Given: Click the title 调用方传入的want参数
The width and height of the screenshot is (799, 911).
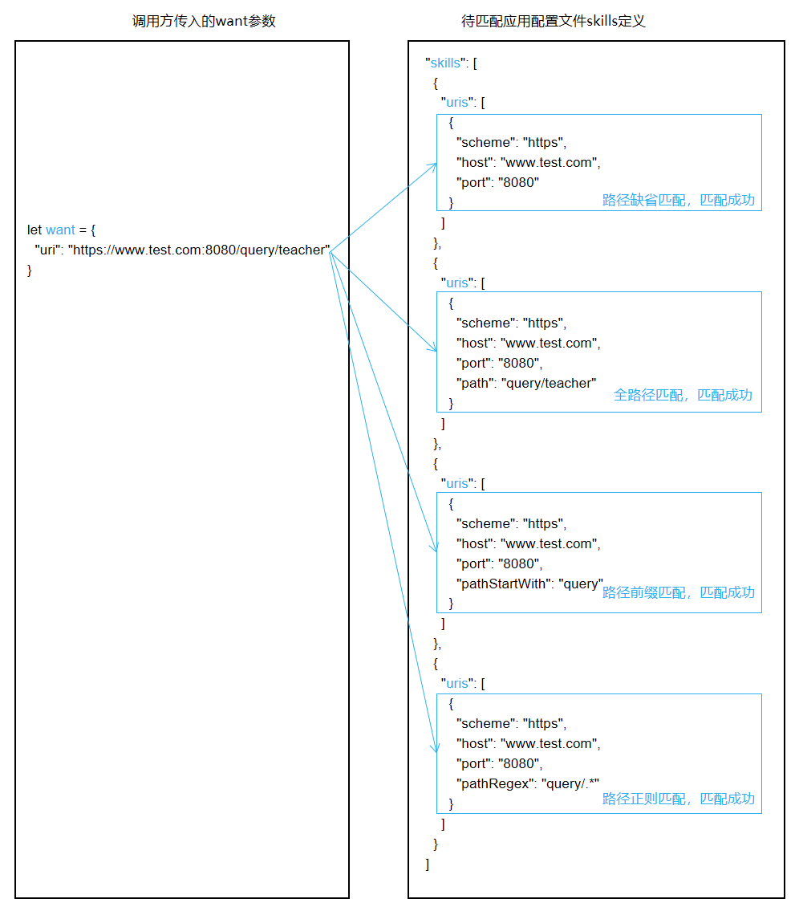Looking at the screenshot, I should point(204,22).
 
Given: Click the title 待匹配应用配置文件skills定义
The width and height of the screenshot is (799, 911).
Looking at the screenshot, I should point(554,22).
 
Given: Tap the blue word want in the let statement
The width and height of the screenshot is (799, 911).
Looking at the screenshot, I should point(60,230).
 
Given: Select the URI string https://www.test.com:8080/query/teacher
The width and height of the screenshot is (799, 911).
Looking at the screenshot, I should point(199,250).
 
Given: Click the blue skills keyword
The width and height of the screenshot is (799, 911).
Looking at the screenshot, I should point(445,63).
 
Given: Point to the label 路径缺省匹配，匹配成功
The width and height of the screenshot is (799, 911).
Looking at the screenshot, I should point(679,200).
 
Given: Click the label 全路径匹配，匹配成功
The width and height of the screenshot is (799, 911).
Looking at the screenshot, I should point(683,395).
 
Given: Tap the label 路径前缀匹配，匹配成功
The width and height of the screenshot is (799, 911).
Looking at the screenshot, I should point(679,592).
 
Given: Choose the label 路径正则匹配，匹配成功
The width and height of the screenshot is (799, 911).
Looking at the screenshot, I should point(679,799).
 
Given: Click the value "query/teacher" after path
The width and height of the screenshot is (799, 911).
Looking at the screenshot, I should point(549,383).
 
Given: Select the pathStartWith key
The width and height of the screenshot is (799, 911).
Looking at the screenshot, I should point(504,584).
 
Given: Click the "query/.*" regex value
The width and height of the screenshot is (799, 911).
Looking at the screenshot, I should point(570,783).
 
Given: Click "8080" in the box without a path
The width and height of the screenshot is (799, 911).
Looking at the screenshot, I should point(518,182).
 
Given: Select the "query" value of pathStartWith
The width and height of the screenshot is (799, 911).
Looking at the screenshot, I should point(581,584).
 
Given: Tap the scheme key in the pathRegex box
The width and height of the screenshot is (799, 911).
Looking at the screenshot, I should point(485,723).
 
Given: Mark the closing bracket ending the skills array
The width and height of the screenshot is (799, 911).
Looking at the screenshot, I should point(428,864).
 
